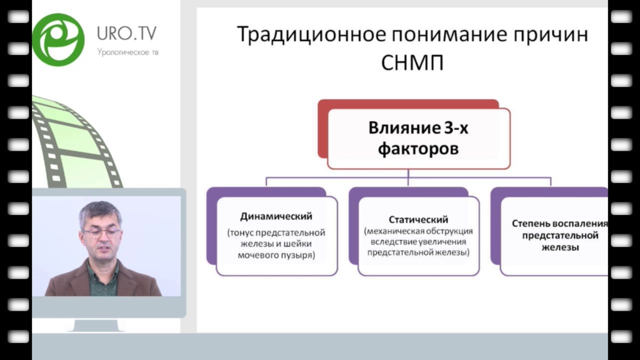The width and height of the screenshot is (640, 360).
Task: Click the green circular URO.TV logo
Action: point(58,40)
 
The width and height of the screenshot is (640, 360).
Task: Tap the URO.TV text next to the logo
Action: point(126,34)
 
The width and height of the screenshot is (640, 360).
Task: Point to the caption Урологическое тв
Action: point(127,52)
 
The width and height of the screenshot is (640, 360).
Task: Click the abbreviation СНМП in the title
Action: point(412,63)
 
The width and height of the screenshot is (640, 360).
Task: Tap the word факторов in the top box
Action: point(418,149)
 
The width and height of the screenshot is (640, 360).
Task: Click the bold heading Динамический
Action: point(276,216)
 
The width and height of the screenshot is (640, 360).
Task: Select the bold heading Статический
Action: point(418,219)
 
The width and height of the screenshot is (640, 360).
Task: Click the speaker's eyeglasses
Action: point(102,233)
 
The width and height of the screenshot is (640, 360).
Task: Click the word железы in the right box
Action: point(560,247)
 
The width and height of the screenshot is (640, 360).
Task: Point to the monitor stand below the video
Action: point(96,325)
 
